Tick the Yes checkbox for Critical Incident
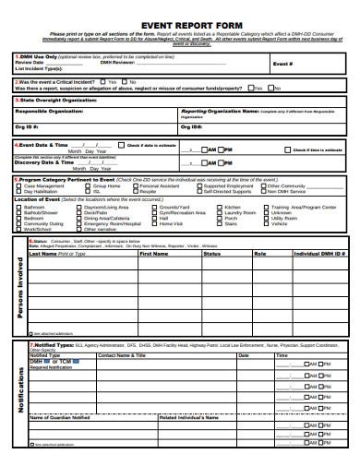(103, 81)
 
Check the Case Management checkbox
(17, 185)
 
